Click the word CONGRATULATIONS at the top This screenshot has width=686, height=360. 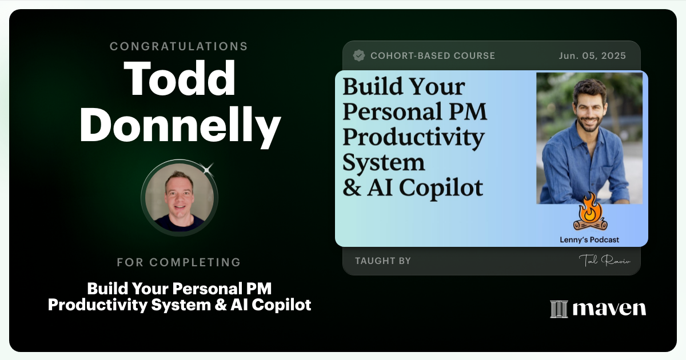179,46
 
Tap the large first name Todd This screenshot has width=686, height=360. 180,78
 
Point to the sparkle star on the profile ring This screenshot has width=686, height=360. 208,168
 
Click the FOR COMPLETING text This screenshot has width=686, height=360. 179,262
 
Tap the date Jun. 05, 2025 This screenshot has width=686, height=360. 592,56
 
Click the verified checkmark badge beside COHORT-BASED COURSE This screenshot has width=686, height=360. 359,55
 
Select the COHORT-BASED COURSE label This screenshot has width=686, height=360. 433,56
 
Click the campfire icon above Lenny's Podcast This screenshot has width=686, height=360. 589,213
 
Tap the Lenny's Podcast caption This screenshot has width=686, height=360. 589,240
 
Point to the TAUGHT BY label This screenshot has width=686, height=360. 382,261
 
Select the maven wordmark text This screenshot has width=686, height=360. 609,309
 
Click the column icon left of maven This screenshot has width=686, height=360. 559,309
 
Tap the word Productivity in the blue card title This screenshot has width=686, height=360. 413,138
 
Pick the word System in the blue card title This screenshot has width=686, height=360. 384,163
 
